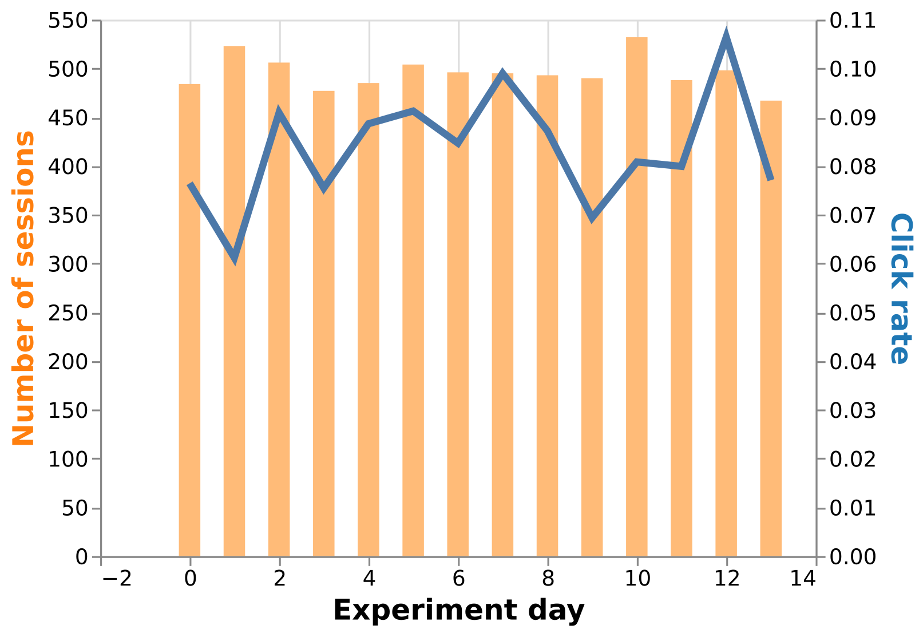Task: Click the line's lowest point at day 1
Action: (x=235, y=258)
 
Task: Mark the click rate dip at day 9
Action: (x=592, y=217)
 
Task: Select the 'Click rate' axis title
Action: (x=900, y=288)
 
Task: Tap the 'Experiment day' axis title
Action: (x=458, y=610)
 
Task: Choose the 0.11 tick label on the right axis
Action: (x=853, y=21)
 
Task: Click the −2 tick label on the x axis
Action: (x=117, y=579)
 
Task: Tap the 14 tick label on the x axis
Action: (x=802, y=579)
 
